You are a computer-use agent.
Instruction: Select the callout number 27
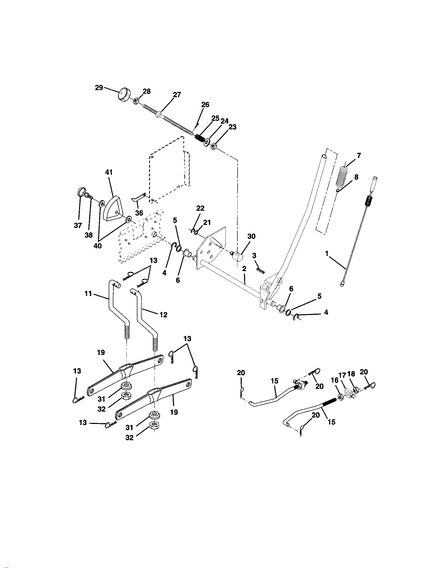click(x=177, y=95)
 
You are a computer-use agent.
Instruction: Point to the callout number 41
click(x=109, y=172)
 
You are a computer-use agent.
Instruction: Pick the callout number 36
click(x=139, y=213)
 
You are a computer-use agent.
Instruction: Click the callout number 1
click(x=327, y=254)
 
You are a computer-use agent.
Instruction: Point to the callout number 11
click(x=88, y=294)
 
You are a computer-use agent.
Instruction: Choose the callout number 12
click(x=163, y=315)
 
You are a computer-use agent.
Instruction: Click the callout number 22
click(x=200, y=208)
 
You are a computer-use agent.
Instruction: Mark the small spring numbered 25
click(x=200, y=137)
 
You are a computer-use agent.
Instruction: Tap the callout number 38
click(x=89, y=235)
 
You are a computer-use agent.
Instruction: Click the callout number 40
click(x=98, y=246)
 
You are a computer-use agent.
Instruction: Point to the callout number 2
click(x=244, y=269)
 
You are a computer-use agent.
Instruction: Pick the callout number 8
click(x=356, y=177)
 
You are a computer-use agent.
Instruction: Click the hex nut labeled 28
click(x=136, y=101)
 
